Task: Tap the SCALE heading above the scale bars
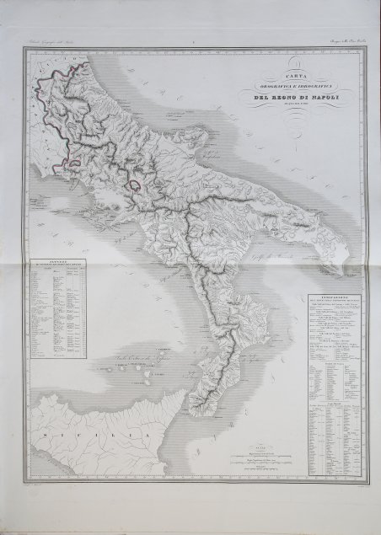click(x=259, y=443)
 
